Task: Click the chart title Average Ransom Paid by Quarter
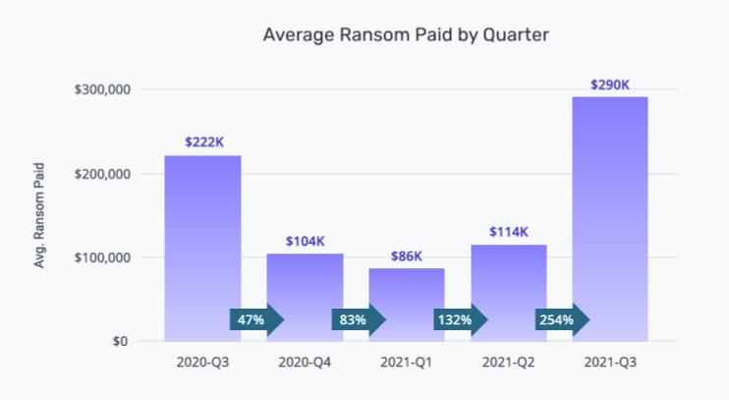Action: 406,34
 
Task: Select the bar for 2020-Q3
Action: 202,246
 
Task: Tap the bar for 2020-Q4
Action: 305,285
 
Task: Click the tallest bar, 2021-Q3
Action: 610,216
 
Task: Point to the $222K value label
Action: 203,143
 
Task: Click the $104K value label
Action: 305,241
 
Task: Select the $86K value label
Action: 407,256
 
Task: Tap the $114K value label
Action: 509,232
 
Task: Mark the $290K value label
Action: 610,84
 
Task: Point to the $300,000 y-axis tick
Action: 103,89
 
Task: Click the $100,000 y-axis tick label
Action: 103,257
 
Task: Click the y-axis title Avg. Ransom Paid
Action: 40,216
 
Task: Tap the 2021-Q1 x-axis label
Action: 407,363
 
